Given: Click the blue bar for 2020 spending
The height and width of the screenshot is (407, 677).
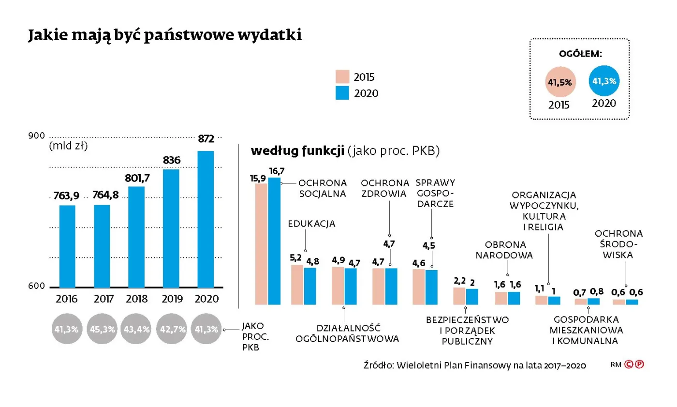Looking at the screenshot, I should [x=206, y=219].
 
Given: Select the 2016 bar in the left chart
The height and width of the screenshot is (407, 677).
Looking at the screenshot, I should [x=67, y=246].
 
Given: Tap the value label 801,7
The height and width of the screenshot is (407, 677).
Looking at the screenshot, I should [x=137, y=178].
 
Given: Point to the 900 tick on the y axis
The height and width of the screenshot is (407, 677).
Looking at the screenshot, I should [x=36, y=136].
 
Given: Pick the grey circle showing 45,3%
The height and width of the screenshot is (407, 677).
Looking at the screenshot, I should [x=102, y=329].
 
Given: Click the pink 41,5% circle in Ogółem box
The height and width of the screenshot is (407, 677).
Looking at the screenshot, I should [x=559, y=82].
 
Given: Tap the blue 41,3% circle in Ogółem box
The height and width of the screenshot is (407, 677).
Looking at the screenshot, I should [x=603, y=81].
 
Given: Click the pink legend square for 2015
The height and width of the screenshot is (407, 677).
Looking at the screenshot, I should [x=342, y=77].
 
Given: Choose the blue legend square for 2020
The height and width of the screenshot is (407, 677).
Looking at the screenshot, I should [x=342, y=93].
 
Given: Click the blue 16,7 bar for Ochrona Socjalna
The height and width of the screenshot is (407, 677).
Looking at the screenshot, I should [x=275, y=241].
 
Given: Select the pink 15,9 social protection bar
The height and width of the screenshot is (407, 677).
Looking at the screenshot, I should [x=261, y=244].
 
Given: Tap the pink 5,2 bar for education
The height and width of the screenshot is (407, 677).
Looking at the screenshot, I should [x=297, y=285].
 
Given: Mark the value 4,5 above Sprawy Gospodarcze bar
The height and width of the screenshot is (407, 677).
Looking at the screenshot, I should [x=429, y=246].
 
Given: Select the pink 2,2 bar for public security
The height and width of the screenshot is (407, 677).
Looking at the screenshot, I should [x=459, y=296].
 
